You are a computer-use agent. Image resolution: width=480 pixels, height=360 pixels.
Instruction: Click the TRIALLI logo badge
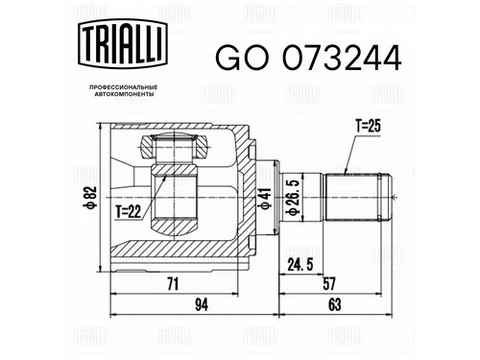pos(123,44)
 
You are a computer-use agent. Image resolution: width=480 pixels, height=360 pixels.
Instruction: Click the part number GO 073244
pos(308,58)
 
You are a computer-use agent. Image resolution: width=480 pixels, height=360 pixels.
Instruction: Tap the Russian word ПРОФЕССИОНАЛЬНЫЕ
pos(123,87)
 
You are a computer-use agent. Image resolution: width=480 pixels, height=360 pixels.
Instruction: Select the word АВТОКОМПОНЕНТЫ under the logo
pos(123,94)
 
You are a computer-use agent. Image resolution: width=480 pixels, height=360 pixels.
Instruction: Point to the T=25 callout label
pos(368,126)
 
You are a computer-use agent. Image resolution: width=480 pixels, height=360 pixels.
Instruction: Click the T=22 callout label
pos(129,211)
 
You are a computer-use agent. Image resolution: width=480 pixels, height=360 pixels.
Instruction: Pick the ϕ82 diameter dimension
pos(90,197)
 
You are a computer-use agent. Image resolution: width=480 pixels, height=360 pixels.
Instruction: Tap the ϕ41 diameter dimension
pos(266,199)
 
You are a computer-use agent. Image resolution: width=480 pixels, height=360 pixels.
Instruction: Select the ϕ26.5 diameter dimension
pos(293,196)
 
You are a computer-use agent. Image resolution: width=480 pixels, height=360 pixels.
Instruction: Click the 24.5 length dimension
pos(300,265)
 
